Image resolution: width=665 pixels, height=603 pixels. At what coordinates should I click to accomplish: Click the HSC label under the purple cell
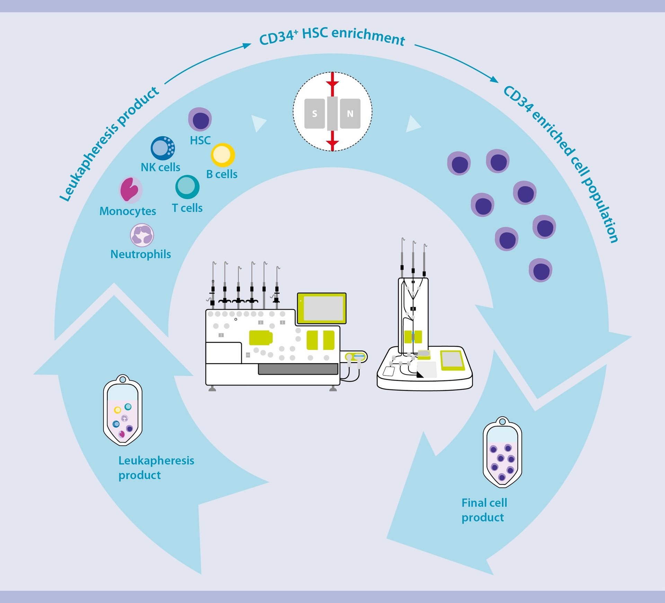[200, 141]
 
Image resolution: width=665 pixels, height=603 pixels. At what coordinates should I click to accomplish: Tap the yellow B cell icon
[223, 155]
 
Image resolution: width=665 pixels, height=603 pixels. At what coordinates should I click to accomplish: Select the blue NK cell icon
[162, 148]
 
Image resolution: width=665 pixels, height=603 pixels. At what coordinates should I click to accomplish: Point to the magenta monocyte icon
[130, 189]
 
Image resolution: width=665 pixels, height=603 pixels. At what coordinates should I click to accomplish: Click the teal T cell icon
[187, 187]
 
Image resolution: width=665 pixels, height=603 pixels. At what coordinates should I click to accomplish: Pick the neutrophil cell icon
[142, 235]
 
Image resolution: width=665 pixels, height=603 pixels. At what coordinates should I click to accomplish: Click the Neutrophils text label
[141, 254]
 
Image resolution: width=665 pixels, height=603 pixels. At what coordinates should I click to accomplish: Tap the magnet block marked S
[314, 114]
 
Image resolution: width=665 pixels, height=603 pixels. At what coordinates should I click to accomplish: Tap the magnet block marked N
[350, 114]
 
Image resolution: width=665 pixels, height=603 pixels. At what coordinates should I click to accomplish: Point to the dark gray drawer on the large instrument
[298, 369]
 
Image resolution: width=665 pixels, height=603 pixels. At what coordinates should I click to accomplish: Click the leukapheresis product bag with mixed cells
[123, 412]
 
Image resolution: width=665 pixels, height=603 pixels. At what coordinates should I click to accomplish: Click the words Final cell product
[484, 510]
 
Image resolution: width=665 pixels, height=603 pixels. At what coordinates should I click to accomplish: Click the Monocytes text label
[128, 211]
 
